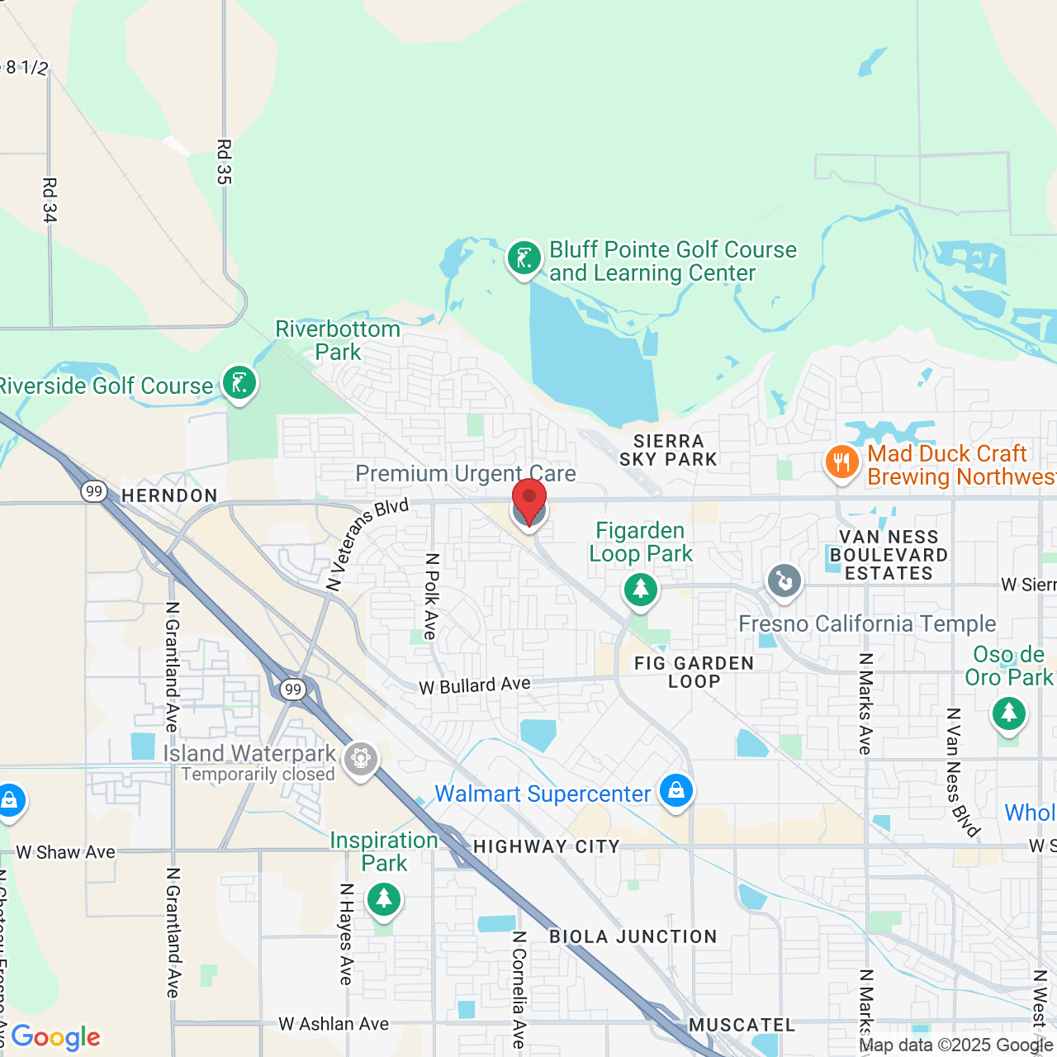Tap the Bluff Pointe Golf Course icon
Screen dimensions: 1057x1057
pyautogui.click(x=524, y=258)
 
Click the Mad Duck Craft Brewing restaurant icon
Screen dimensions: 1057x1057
pyautogui.click(x=841, y=462)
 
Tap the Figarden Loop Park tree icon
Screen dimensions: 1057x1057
pyautogui.click(x=640, y=590)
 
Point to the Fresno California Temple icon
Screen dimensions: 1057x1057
pyautogui.click(x=784, y=581)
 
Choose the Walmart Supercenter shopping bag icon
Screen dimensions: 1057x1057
pyautogui.click(x=676, y=791)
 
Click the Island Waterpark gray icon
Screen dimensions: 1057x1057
pyautogui.click(x=361, y=758)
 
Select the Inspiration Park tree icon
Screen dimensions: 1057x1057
pyautogui.click(x=384, y=898)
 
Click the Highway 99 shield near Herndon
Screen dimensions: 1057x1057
pyautogui.click(x=94, y=491)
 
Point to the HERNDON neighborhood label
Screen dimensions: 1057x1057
pyautogui.click(x=169, y=495)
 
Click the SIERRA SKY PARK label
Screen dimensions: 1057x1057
pyautogui.click(x=668, y=451)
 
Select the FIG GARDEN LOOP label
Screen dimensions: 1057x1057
pyautogui.click(x=694, y=672)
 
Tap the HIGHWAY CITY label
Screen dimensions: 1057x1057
pyautogui.click(x=546, y=846)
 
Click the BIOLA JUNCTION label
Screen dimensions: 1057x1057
pyautogui.click(x=633, y=936)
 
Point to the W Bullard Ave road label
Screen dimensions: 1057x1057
pyautogui.click(x=475, y=685)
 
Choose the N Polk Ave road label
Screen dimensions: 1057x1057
pyautogui.click(x=431, y=596)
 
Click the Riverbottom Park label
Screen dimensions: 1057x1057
pyautogui.click(x=338, y=340)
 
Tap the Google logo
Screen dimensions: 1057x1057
pyautogui.click(x=56, y=1037)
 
